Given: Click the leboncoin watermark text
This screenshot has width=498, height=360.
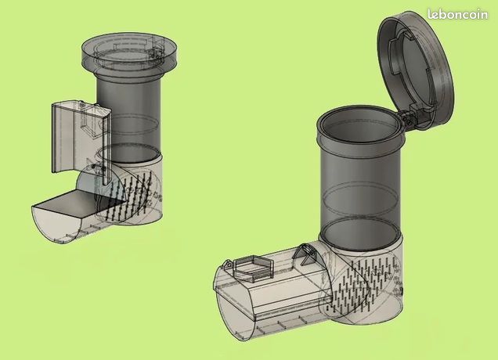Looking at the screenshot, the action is (457, 14).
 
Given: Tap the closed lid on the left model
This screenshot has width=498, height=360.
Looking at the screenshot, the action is (129, 53).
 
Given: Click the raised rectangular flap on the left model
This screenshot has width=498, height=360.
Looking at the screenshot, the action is (81, 137).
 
